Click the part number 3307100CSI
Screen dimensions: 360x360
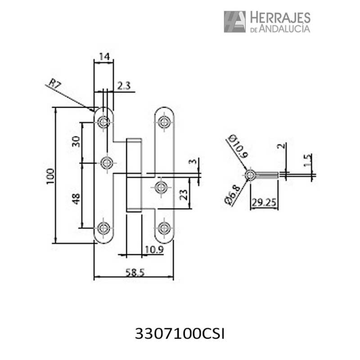180,334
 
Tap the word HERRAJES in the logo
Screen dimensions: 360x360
279,18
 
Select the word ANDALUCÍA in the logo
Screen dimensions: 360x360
284,29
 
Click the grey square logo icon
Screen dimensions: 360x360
234,22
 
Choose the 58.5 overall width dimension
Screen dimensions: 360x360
134,272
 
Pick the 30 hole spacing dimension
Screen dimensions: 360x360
75,142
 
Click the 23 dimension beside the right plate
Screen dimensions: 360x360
183,194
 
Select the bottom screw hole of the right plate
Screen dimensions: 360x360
165,227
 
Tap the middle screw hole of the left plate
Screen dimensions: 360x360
107,163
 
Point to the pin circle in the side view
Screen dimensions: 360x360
250,175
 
